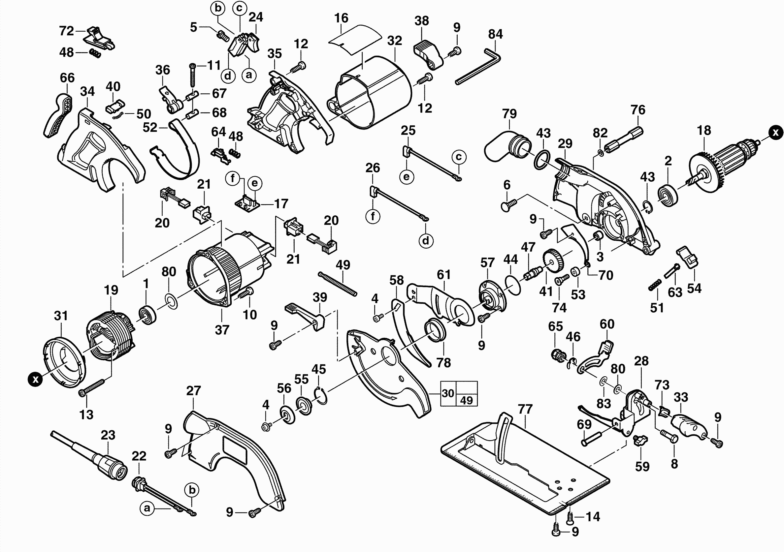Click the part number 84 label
point(495,34)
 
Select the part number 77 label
point(525,409)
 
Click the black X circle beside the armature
point(775,132)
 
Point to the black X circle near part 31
point(35,379)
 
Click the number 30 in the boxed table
point(448,393)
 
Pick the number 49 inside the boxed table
point(467,400)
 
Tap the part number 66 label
point(67,78)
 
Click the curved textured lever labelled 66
point(59,116)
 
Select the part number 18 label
point(704,130)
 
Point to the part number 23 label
point(108,435)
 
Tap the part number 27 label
point(193,391)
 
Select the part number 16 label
point(341,18)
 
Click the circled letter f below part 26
point(373,216)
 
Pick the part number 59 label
point(642,466)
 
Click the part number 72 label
point(66,31)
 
